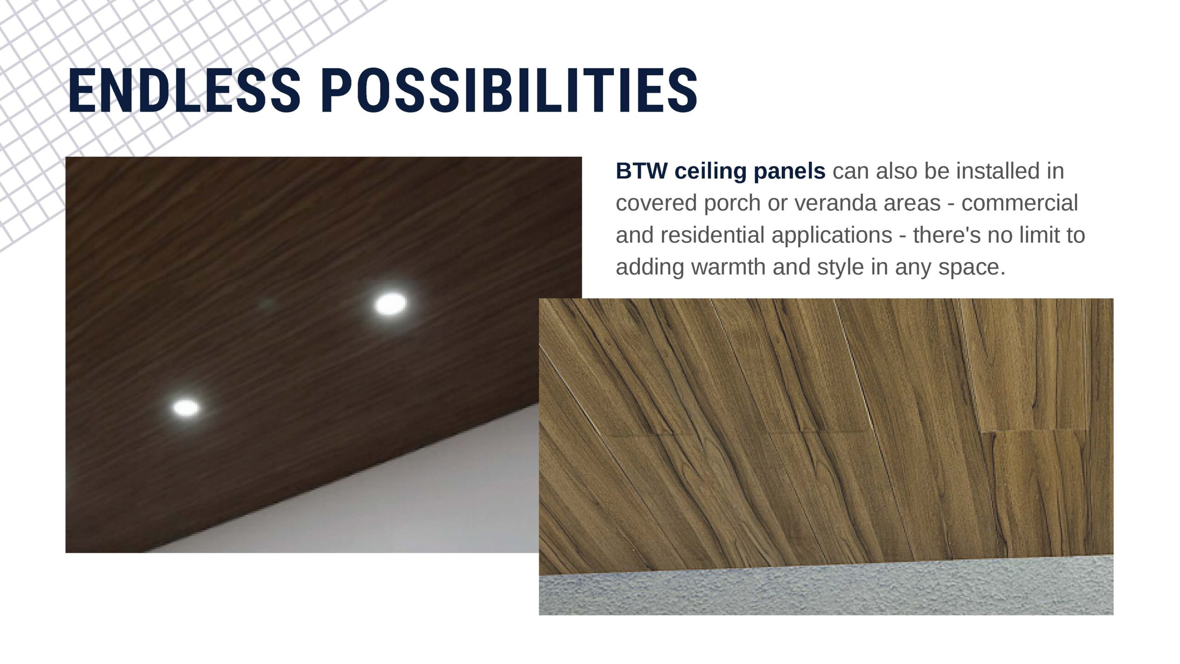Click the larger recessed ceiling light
pyautogui.click(x=390, y=303)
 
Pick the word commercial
pyautogui.click(x=1020, y=203)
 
